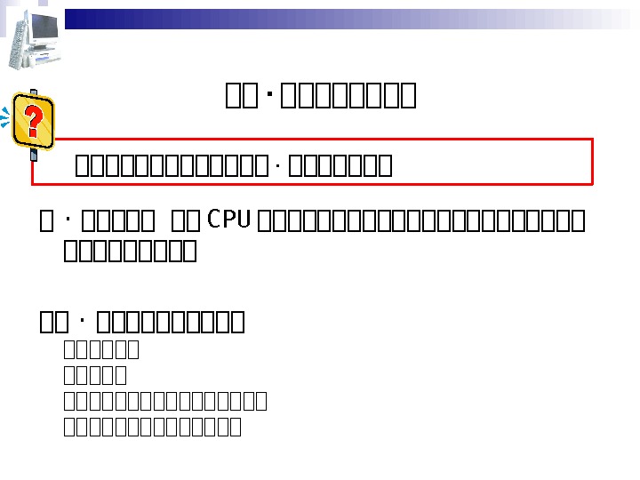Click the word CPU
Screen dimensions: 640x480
tap(229, 218)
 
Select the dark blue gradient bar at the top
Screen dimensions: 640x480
tap(267, 19)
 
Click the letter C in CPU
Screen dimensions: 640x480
tap(213, 218)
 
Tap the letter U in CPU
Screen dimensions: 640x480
tap(244, 218)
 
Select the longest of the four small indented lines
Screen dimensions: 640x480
tap(165, 402)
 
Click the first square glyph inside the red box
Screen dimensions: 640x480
tap(83, 166)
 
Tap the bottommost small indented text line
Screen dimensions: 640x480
tap(152, 428)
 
